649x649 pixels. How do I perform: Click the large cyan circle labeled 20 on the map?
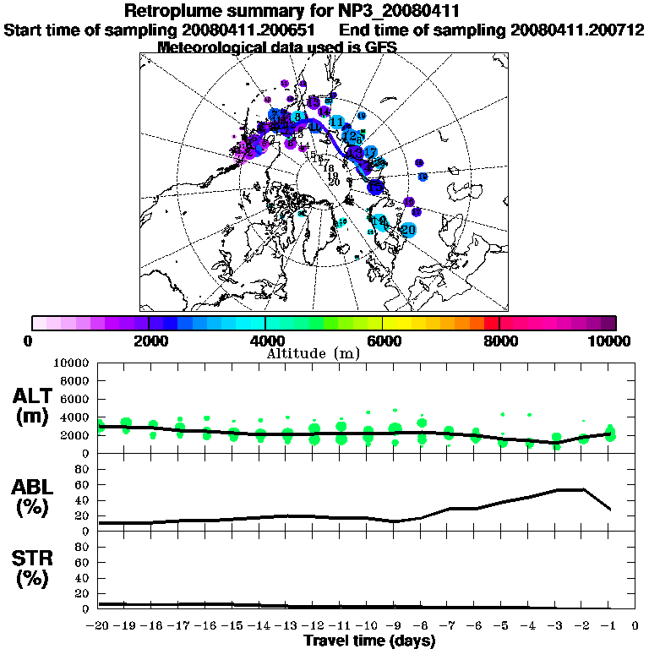409,229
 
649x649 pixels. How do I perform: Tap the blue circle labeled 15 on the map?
374,187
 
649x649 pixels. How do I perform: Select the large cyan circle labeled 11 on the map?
336,123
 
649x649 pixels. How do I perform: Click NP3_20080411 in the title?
401,12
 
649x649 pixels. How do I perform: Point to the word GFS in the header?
379,47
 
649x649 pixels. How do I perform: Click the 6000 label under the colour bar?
383,341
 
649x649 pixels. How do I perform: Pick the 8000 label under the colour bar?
499,341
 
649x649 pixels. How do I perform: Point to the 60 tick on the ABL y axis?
83,484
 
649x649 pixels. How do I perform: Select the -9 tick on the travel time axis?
393,626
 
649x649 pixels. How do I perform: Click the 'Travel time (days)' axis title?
368,641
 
